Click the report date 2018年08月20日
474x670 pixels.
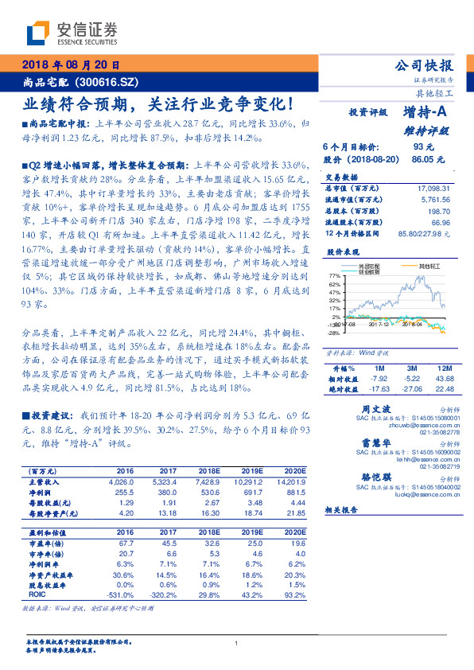click(x=68, y=64)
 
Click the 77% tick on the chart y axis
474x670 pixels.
click(x=334, y=275)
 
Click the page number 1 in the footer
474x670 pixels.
click(x=237, y=643)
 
